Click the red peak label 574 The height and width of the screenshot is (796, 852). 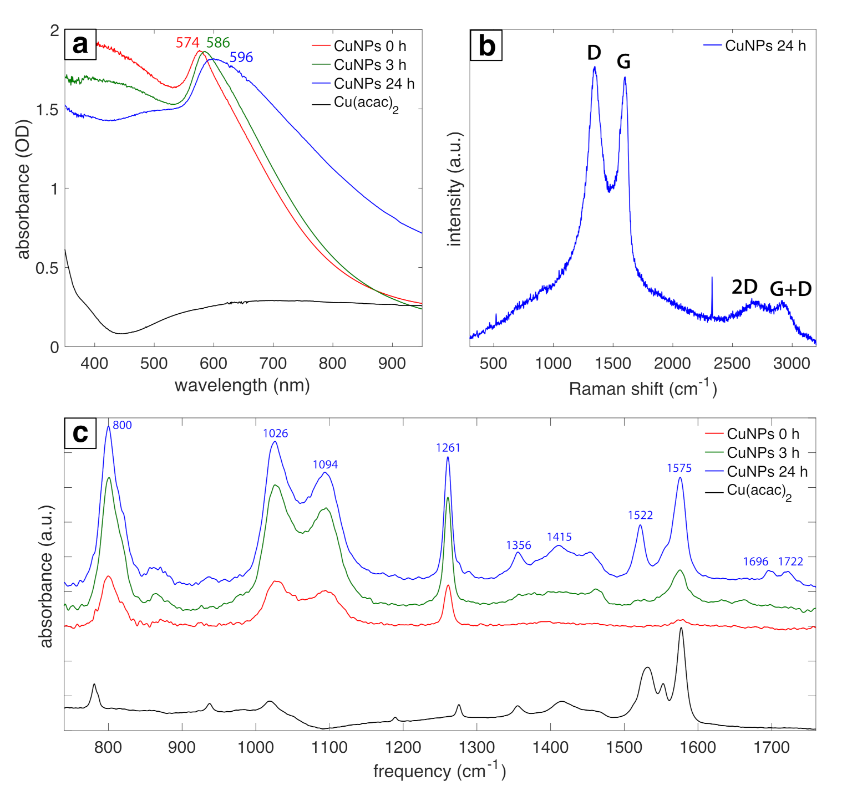click(187, 43)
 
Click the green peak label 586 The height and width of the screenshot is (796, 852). click(218, 43)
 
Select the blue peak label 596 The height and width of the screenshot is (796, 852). click(241, 57)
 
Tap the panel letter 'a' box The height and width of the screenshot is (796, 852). click(80, 44)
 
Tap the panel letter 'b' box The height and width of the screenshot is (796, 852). click(486, 45)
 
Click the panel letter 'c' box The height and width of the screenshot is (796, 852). click(80, 433)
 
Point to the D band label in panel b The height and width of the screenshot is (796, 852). click(594, 53)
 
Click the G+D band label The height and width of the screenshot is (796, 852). click(790, 289)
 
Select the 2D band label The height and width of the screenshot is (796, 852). click(744, 287)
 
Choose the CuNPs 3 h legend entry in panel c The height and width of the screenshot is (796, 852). click(763, 453)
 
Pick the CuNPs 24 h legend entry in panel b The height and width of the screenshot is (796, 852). click(765, 46)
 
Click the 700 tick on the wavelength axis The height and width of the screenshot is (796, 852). click(273, 364)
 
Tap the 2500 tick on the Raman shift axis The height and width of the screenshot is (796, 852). click(732, 364)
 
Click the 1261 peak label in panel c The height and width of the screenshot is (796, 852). click(448, 448)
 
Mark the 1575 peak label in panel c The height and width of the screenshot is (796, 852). click(679, 468)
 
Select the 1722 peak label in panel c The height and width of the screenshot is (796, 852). click(790, 562)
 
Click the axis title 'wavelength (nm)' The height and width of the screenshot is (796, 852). click(242, 385)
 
